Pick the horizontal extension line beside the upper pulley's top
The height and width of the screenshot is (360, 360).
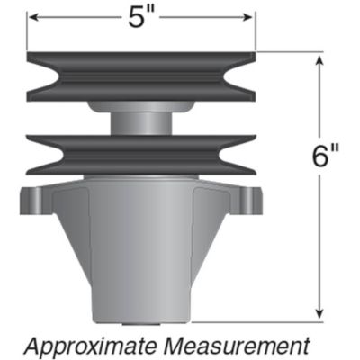click(x=288, y=52)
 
